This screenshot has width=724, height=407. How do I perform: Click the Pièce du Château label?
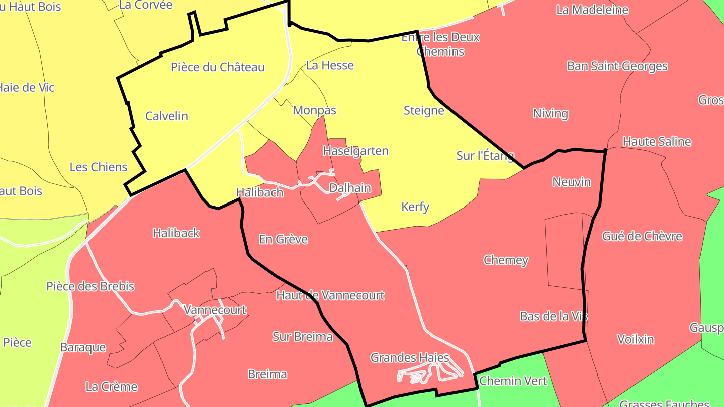coord(218,67)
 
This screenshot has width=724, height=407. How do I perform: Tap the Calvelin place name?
coord(166,116)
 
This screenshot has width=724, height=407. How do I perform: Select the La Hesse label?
coord(330,65)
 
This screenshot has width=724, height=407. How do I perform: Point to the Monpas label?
coord(314,110)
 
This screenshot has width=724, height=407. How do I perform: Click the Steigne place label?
coord(424,110)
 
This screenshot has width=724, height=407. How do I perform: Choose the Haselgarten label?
coord(355,151)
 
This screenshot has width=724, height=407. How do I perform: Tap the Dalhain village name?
coord(350,188)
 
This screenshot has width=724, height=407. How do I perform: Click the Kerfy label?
coord(415,207)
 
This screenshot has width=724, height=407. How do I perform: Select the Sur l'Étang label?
coord(485,156)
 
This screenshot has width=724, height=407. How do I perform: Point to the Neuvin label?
coord(572,182)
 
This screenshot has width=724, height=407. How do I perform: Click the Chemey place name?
coord(506,260)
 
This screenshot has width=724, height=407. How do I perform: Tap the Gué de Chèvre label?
coord(642,236)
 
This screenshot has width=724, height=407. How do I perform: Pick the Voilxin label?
coord(636,339)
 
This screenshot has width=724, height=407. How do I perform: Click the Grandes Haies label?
coord(410,358)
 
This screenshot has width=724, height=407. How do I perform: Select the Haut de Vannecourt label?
coord(330,295)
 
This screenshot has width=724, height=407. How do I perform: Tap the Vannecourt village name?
coord(215,310)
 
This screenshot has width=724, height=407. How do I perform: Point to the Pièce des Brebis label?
coord(90,286)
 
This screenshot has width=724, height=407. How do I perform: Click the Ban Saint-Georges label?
coord(617,66)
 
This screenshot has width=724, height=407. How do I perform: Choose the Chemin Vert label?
coord(513,381)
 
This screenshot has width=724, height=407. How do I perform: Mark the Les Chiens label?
coord(99,167)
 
